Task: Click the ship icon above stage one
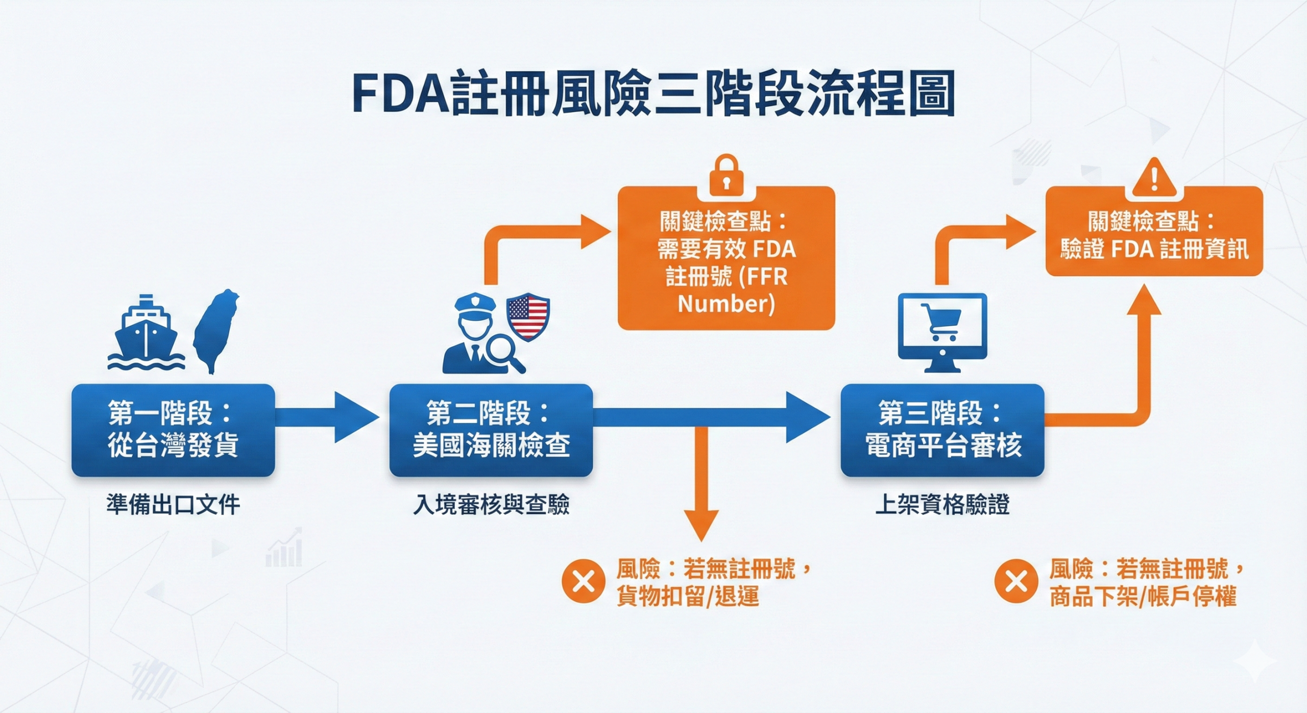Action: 146,332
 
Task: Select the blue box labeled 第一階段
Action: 173,430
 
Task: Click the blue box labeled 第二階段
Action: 491,430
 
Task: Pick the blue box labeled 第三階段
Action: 942,430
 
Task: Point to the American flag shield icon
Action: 527,317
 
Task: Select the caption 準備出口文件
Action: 173,505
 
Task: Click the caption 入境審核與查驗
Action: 491,505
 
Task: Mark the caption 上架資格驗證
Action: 942,505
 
